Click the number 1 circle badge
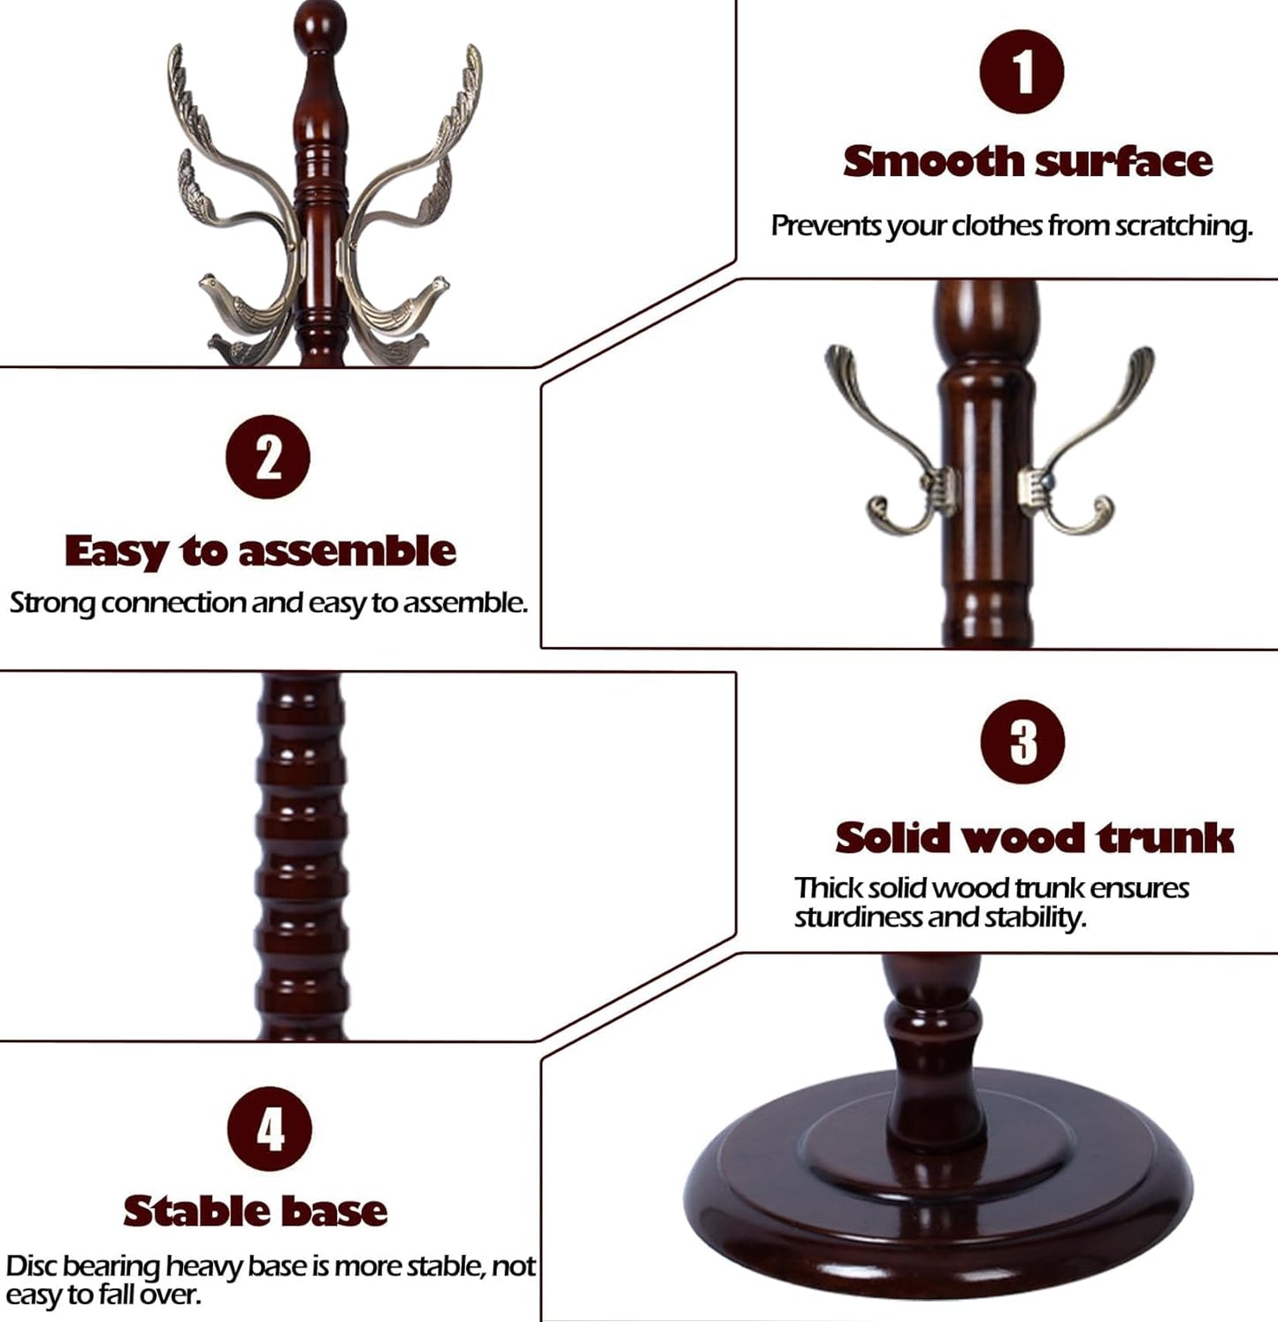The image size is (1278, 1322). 1022,72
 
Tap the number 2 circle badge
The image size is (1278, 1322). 268,457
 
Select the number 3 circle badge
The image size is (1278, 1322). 1022,742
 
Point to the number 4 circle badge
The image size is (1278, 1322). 270,1129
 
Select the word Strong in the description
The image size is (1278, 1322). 53,603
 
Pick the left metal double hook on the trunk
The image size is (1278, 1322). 893,451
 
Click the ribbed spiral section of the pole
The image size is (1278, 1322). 301,854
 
